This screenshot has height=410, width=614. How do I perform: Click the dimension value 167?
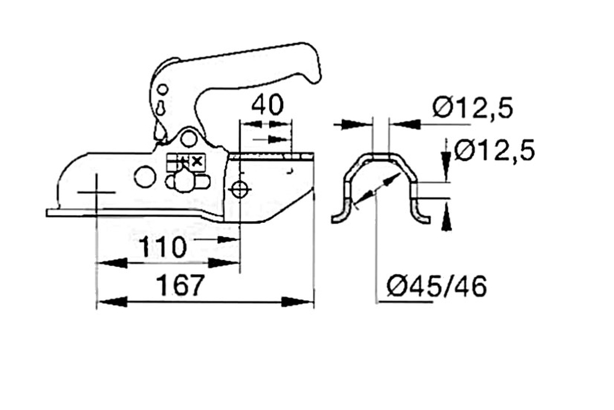(x=181, y=285)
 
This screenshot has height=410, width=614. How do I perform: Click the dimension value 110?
(x=163, y=246)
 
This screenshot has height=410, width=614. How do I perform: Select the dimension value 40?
(x=267, y=105)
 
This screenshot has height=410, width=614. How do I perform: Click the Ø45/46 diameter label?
(x=437, y=286)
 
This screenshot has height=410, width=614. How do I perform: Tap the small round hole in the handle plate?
(x=163, y=90)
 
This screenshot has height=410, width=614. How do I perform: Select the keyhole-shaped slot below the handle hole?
(x=161, y=107)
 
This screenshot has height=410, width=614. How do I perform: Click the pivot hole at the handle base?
(x=189, y=138)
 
